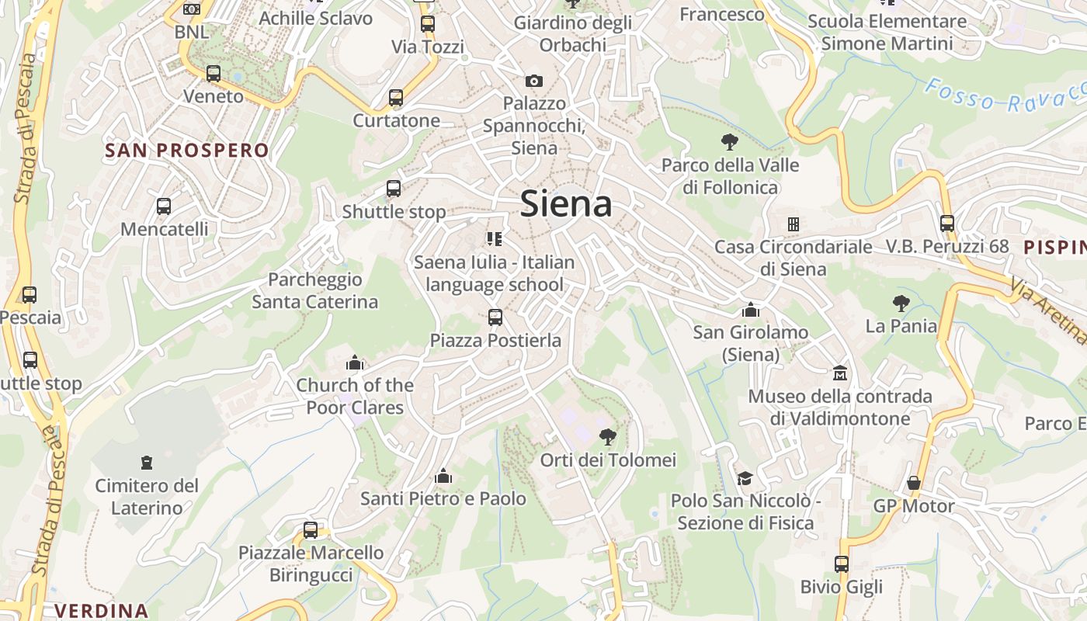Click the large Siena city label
(x=566, y=204)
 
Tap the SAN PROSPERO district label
(x=187, y=151)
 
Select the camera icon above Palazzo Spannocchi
(x=534, y=81)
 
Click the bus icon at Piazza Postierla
(x=495, y=317)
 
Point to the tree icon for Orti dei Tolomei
(x=608, y=437)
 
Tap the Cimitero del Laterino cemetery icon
(x=146, y=463)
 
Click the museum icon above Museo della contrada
(x=839, y=373)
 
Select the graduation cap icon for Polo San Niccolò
(x=745, y=478)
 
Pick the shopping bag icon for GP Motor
(x=914, y=483)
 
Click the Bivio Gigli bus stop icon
(x=842, y=564)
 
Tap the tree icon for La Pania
(x=901, y=303)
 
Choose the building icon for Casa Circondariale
(x=793, y=224)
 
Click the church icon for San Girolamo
(x=751, y=310)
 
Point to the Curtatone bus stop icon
(x=396, y=98)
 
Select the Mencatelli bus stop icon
(x=164, y=206)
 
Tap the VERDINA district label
(x=102, y=611)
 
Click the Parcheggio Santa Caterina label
(x=314, y=290)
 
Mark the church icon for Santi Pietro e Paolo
(x=443, y=476)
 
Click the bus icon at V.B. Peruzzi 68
(x=947, y=224)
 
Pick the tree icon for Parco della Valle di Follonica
(x=729, y=142)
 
